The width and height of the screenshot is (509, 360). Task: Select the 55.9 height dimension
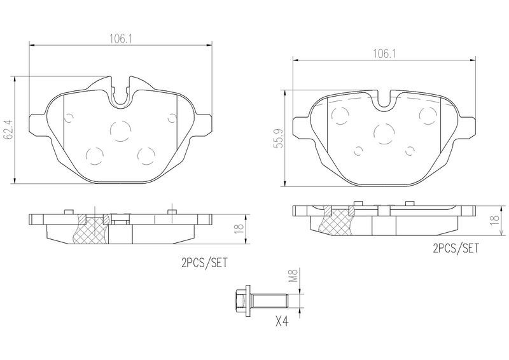[279, 137]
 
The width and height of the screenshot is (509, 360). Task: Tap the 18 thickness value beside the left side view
[239, 229]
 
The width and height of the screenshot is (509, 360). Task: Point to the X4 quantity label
[281, 322]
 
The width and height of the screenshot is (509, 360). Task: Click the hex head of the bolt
[241, 298]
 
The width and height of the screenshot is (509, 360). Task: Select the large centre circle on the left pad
[119, 130]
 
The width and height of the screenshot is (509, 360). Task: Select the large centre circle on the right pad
[384, 133]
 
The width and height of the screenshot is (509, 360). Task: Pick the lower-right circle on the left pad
[147, 155]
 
